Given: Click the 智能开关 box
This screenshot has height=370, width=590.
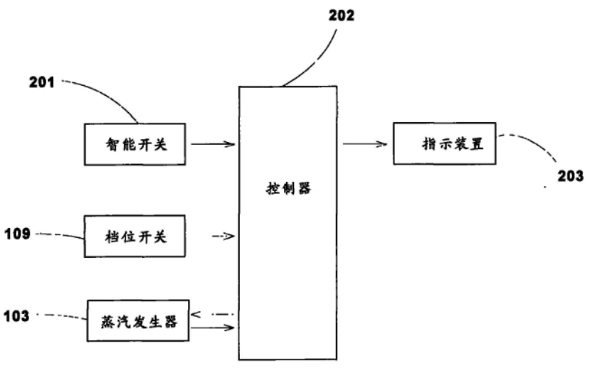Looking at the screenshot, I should [134, 144].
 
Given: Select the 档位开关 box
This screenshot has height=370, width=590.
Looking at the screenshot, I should [134, 236].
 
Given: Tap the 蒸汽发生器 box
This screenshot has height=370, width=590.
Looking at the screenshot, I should [138, 320].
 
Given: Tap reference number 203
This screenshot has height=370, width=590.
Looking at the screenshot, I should [570, 175].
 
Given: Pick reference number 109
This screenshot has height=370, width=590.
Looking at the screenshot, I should [18, 233].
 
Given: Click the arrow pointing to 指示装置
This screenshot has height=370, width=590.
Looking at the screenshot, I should [366, 144].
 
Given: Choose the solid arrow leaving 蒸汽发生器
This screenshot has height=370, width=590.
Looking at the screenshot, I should [213, 327].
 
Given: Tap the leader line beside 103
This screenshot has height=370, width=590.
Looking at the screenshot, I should [60, 315].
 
